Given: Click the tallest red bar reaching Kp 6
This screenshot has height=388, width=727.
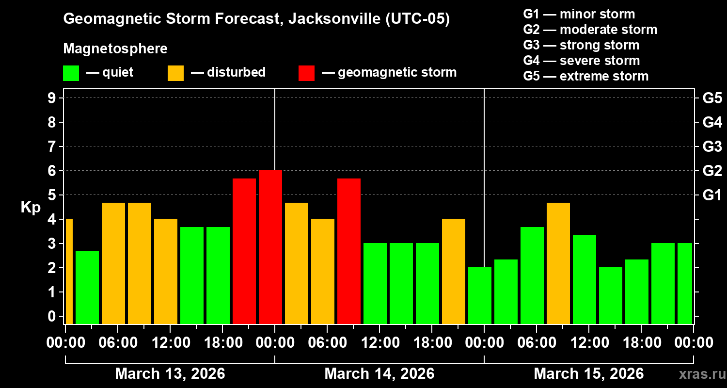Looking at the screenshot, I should pyautogui.click(x=270, y=247).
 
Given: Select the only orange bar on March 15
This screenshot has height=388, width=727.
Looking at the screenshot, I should pyautogui.click(x=558, y=263).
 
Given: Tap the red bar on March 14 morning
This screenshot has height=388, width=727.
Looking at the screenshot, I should pyautogui.click(x=348, y=251).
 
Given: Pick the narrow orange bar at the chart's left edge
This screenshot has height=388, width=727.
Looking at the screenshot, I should pyautogui.click(x=69, y=271).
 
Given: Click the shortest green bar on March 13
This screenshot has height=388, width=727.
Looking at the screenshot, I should pyautogui.click(x=87, y=287).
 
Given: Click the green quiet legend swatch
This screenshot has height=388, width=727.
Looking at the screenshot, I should pyautogui.click(x=71, y=73).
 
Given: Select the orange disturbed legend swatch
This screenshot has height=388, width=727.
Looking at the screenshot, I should pyautogui.click(x=175, y=73).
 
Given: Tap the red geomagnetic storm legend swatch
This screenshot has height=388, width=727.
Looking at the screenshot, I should pyautogui.click(x=306, y=73).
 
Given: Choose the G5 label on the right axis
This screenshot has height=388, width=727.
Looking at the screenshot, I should pyautogui.click(x=712, y=98).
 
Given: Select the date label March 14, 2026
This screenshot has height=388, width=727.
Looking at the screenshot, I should pyautogui.click(x=379, y=374).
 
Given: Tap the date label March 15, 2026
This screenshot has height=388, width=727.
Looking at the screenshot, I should pyautogui.click(x=588, y=374).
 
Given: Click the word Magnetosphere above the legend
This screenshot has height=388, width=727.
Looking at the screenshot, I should pyautogui.click(x=115, y=49).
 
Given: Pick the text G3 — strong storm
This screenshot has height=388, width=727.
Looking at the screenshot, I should pyautogui.click(x=581, y=45).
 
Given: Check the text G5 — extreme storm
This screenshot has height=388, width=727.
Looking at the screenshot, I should pyautogui.click(x=585, y=76).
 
